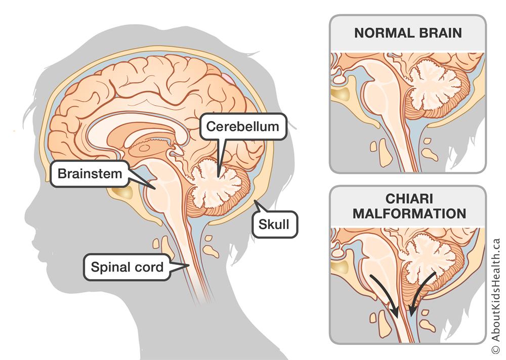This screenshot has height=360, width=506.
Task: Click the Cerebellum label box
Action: pyautogui.click(x=243, y=126)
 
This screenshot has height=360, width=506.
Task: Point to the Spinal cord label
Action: pyautogui.click(x=126, y=266)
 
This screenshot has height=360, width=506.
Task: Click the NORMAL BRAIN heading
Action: pyautogui.click(x=407, y=33)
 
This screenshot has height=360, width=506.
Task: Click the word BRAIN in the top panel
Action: pyautogui.click(x=439, y=33)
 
